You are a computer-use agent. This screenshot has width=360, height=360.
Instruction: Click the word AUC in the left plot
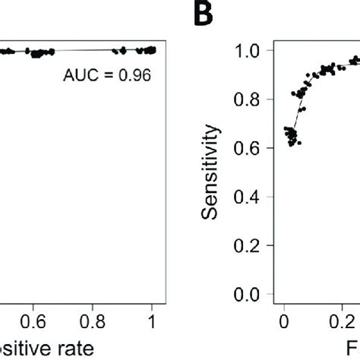84,76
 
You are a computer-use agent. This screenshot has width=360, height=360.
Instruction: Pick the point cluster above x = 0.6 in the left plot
39,52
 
